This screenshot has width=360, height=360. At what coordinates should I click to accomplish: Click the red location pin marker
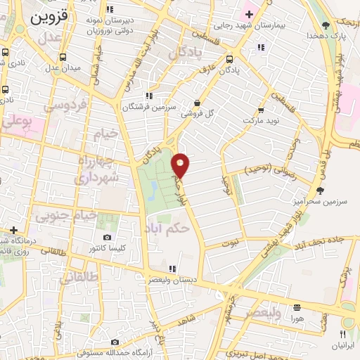pos(181,165)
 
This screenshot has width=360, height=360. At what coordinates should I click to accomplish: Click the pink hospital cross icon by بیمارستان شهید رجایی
pos(248,13)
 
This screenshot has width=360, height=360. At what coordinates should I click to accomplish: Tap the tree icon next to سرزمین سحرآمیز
pos(321,190)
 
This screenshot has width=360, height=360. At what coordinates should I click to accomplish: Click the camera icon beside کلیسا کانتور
pos(107,238)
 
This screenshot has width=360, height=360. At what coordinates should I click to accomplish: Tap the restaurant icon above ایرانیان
pos(344,334)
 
